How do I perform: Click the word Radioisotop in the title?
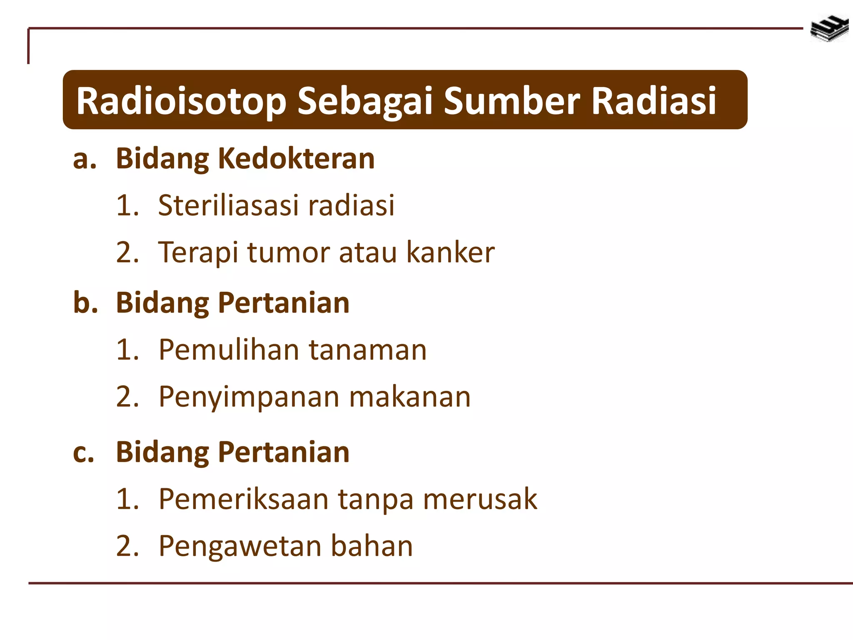(x=181, y=101)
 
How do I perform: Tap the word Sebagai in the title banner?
(x=364, y=101)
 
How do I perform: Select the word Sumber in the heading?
(x=512, y=101)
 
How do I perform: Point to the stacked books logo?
(x=829, y=28)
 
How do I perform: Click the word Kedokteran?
(x=296, y=159)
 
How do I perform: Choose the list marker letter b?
(x=85, y=302)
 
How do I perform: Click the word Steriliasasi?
(x=228, y=205)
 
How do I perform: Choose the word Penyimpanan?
(x=249, y=397)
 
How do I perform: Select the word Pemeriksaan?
(x=244, y=499)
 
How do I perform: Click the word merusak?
(x=480, y=499)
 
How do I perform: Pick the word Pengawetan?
(x=240, y=546)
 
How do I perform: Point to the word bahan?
(x=372, y=546)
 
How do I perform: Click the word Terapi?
(x=198, y=252)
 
